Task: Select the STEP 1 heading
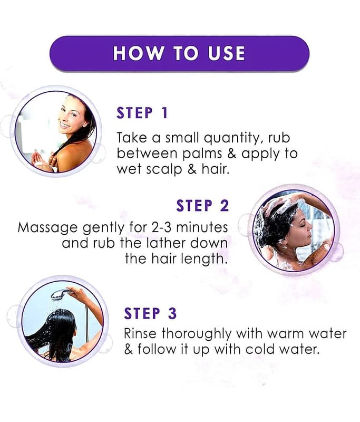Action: coord(142,113)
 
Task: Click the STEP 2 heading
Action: coord(202,206)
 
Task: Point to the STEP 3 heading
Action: coord(150,313)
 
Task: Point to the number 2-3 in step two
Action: coord(162,227)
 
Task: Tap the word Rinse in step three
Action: coord(140,333)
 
